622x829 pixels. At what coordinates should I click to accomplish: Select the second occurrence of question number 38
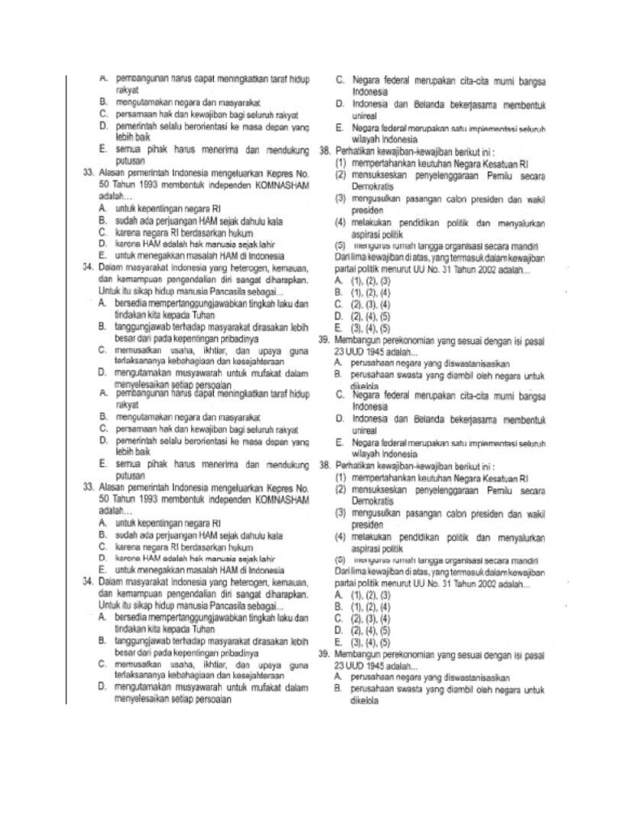pyautogui.click(x=325, y=466)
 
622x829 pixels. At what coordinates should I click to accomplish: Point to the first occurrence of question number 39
pyautogui.click(x=324, y=342)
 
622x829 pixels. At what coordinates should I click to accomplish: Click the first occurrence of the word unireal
pyautogui.click(x=365, y=116)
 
